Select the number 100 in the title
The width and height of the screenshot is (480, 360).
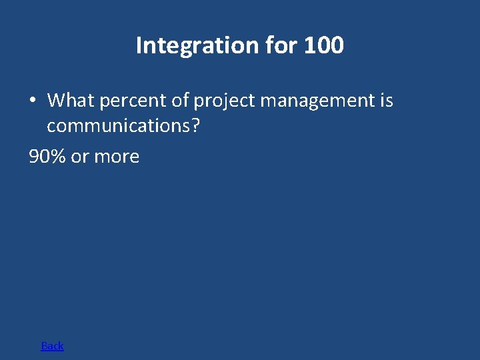pos(323,46)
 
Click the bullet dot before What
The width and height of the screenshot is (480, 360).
pos(32,101)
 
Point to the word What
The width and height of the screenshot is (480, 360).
pos(71,101)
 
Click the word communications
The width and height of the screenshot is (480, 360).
pos(118,125)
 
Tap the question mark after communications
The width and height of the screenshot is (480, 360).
pos(195,125)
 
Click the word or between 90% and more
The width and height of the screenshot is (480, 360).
pos(80,157)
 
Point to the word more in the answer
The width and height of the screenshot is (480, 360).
pos(117,157)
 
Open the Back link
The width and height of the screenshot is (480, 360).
pos(53,345)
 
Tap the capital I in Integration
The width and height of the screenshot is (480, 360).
pos(139,45)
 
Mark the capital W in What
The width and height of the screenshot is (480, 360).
pos(57,101)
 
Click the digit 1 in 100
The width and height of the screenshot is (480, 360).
pos(309,46)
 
